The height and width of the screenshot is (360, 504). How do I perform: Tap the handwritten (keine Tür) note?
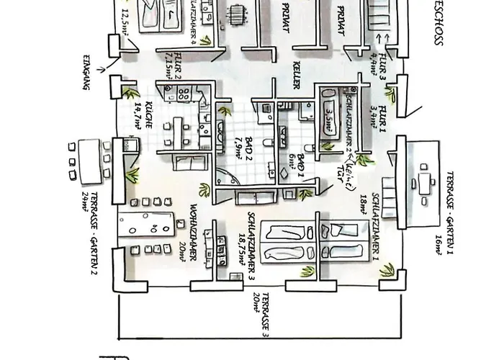pos(347,176)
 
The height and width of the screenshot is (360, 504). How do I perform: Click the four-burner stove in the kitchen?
pos(181,93)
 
